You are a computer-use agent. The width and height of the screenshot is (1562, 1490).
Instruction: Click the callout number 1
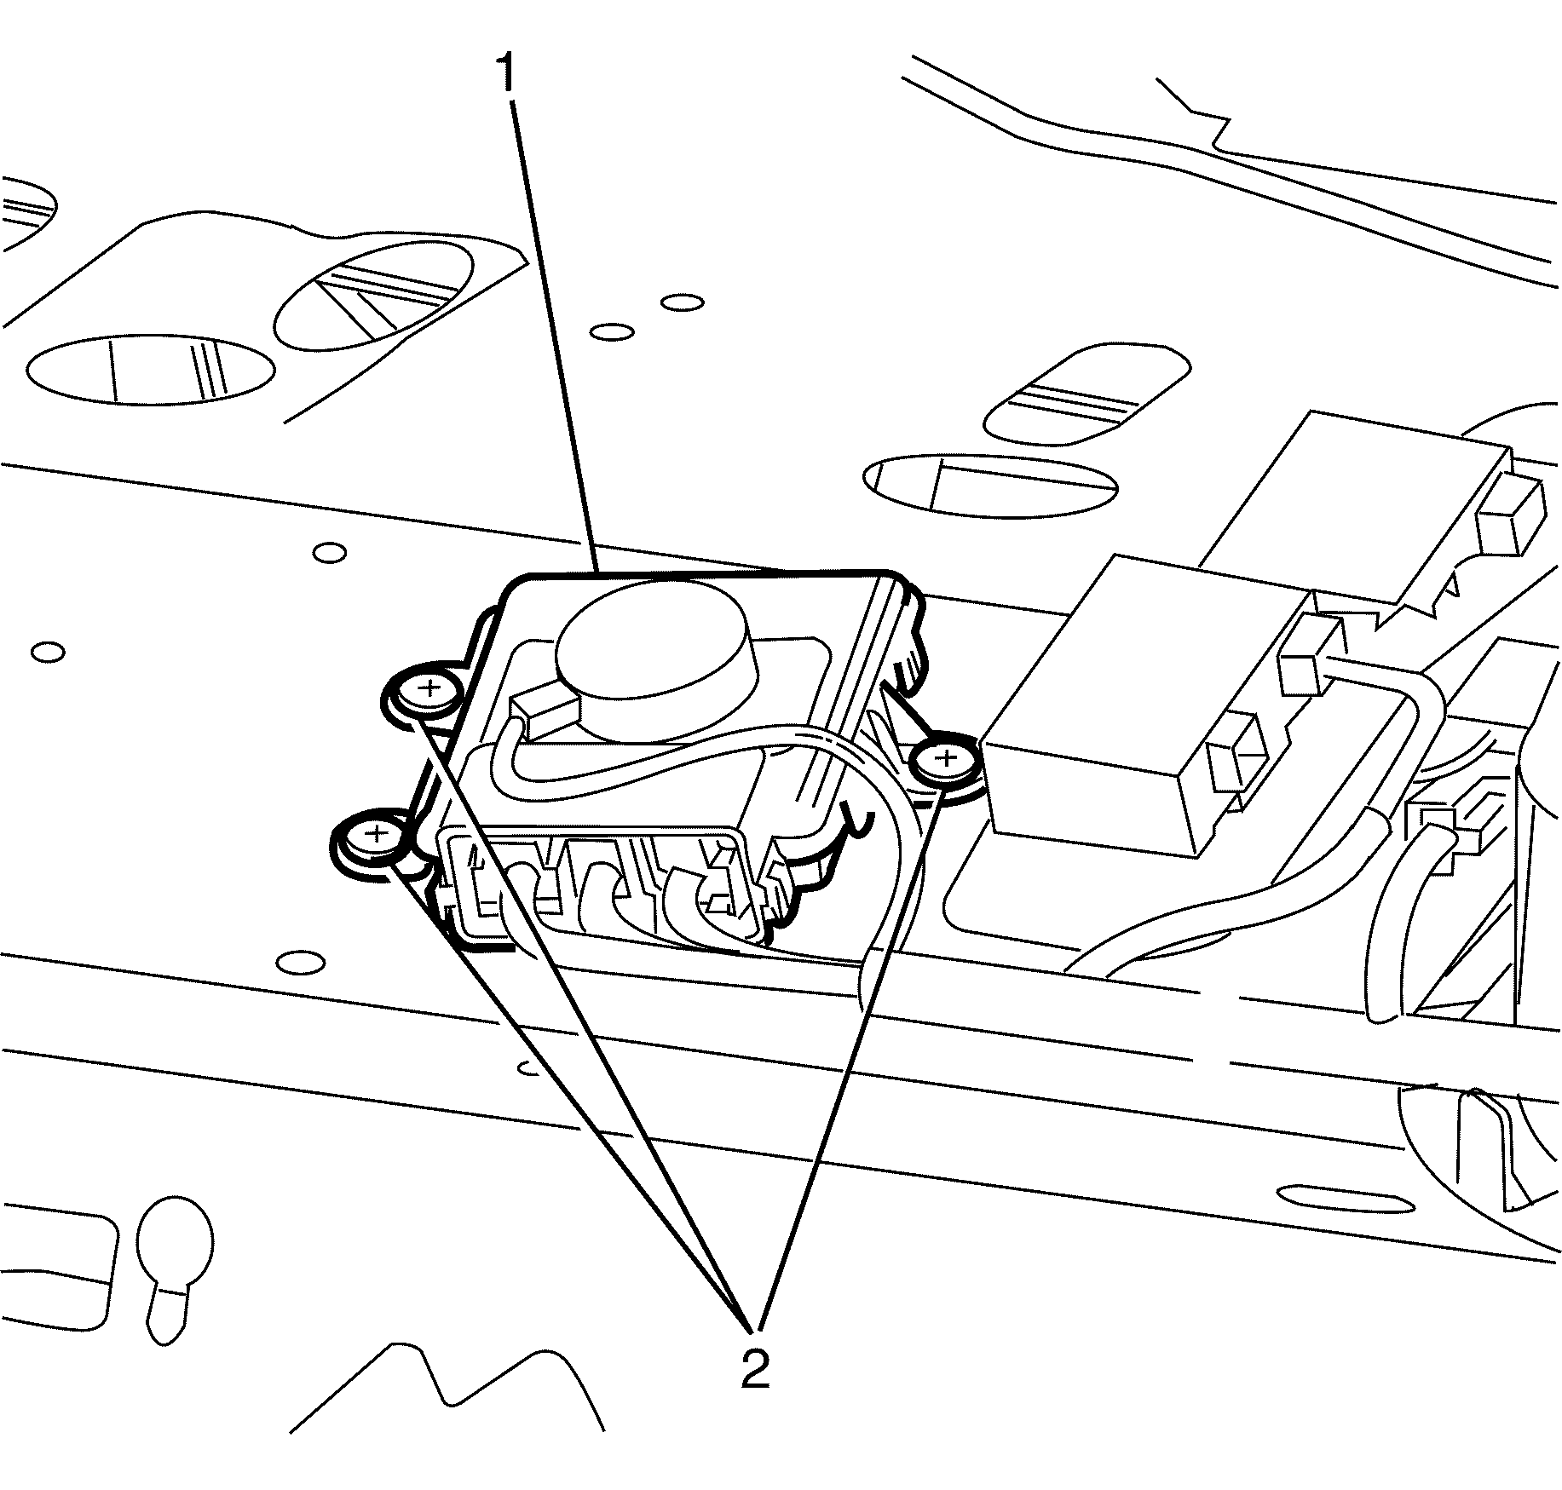[x=507, y=74]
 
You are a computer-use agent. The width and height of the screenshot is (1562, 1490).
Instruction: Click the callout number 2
[x=754, y=1369]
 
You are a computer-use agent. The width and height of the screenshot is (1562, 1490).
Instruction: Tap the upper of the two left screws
[x=429, y=688]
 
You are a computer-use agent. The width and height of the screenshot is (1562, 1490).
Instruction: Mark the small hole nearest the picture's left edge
[x=48, y=653]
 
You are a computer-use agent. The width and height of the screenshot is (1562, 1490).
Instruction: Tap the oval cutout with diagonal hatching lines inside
[x=375, y=296]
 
